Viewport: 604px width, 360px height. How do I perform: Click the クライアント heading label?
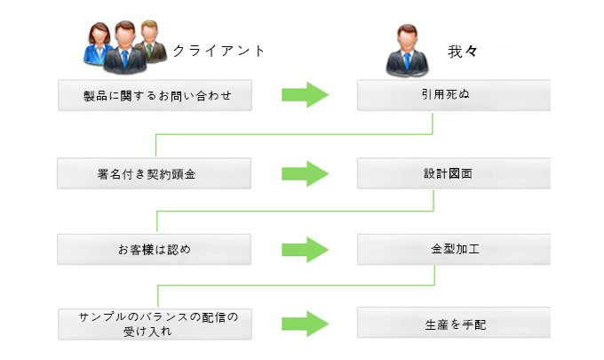(x=219, y=51)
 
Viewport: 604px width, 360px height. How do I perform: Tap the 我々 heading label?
(x=463, y=52)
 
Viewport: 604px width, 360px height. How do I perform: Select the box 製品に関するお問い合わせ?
(x=155, y=95)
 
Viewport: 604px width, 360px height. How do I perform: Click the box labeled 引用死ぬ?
(x=453, y=95)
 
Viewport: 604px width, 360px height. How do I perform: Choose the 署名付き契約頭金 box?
(x=154, y=173)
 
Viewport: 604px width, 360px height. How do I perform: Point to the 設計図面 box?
(x=453, y=173)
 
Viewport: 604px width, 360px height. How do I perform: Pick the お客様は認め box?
(x=154, y=250)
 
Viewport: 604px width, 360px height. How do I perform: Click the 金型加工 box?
(x=453, y=249)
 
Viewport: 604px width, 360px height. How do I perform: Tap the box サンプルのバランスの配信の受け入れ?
(x=155, y=324)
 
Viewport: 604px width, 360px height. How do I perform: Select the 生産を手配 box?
(x=453, y=323)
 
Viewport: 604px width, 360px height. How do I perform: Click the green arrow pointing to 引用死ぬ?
(x=305, y=95)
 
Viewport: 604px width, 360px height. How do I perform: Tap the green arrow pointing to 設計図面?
(x=305, y=174)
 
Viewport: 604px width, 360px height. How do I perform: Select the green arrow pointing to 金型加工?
(x=305, y=250)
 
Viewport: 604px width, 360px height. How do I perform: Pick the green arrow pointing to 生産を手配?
(x=305, y=324)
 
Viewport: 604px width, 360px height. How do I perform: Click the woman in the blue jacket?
(x=98, y=44)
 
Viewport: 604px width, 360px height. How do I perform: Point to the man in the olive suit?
(x=151, y=41)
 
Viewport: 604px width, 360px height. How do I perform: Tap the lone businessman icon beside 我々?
(x=407, y=50)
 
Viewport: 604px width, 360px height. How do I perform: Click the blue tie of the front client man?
(x=125, y=59)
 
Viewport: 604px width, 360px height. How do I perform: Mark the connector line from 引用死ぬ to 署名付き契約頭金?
(x=294, y=134)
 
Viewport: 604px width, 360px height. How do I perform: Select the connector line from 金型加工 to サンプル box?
(x=296, y=285)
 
